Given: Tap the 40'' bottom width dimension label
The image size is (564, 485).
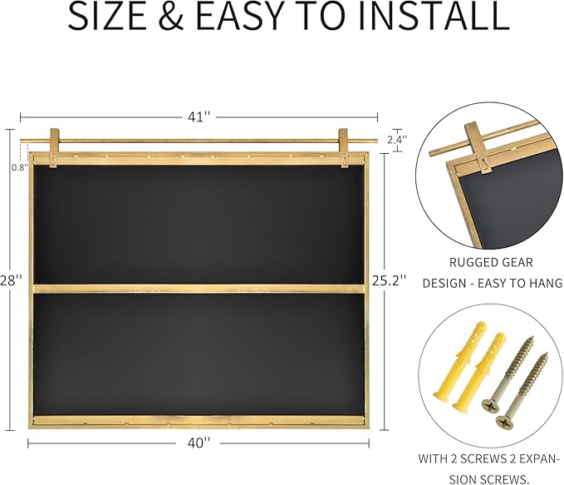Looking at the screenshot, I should pyautogui.click(x=199, y=443).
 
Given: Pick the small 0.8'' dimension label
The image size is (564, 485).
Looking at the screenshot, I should pyautogui.click(x=19, y=167).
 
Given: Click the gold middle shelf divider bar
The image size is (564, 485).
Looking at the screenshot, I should pyautogui.click(x=199, y=289).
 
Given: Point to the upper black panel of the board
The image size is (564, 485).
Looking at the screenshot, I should pyautogui.click(x=199, y=225).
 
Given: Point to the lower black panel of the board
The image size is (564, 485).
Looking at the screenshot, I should pyautogui.click(x=199, y=354).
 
